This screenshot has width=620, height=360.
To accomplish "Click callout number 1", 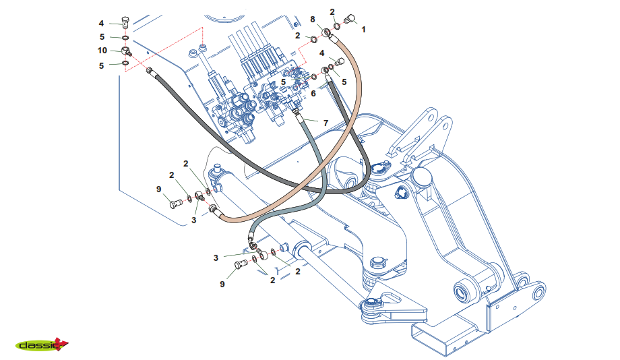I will coord(364,30).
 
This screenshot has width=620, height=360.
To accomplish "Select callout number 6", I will coord(313,94).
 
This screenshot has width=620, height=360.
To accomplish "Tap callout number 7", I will coord(325,123).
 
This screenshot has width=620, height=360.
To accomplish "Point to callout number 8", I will coord(313,18).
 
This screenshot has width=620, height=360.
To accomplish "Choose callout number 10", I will coord(102,50).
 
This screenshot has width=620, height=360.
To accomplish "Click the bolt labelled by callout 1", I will coord(350,20).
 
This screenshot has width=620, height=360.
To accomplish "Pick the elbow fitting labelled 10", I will coord(127,51).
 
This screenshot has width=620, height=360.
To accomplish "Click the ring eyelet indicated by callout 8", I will coord(327,32).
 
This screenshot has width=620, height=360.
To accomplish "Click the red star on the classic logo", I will coord(61,343).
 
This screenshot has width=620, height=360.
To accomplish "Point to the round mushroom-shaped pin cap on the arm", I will coord(421,177).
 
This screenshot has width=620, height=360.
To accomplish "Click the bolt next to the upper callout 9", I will coord(176,203).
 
